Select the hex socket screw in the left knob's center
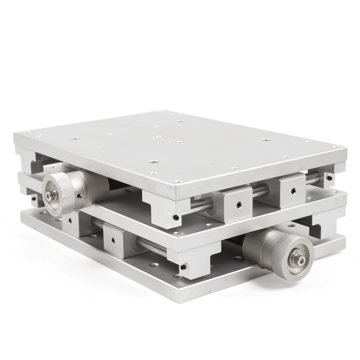coord(48,195)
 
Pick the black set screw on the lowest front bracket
coord(183,267)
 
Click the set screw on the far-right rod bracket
coord(329,177)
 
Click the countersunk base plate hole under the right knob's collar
coord(238,258)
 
